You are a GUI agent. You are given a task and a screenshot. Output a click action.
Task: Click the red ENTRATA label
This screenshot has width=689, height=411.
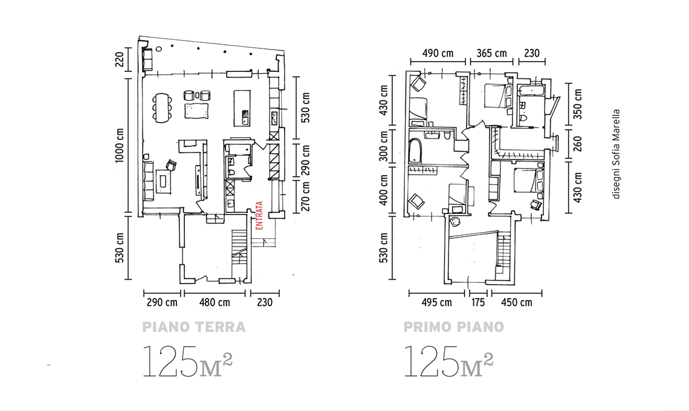[x=259, y=215]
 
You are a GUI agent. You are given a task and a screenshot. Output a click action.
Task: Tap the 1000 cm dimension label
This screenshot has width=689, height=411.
[x=120, y=146]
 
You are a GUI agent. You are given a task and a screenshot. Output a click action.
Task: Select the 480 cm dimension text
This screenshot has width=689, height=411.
[x=215, y=302]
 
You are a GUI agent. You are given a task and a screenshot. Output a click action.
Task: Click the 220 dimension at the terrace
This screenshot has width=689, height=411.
[x=120, y=59]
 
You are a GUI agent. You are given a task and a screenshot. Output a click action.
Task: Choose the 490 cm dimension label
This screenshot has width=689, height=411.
[x=438, y=53]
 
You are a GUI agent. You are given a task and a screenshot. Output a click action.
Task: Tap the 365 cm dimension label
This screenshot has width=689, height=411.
[x=492, y=53]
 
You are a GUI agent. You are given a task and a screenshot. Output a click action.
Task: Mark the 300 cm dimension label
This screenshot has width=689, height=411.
[x=384, y=146]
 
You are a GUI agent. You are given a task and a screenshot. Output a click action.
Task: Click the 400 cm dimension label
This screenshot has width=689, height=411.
[x=384, y=190]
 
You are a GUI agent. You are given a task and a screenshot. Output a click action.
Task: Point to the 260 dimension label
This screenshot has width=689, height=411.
[x=578, y=144]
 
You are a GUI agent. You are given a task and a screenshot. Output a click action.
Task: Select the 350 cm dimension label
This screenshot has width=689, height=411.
[x=578, y=104]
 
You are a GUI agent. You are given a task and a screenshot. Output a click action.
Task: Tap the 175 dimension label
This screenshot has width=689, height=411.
[x=477, y=302]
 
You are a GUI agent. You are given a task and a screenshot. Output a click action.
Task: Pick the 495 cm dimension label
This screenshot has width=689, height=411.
[x=436, y=302]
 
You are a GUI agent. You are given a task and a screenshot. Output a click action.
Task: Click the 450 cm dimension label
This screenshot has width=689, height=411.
[x=516, y=302]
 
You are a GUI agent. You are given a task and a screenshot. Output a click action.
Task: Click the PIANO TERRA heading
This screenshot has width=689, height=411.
[x=194, y=327]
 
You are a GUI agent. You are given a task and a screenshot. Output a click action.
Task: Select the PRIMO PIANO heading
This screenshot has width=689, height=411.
[x=453, y=327]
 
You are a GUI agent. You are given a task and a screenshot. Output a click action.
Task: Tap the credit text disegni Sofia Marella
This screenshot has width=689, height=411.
[x=616, y=154]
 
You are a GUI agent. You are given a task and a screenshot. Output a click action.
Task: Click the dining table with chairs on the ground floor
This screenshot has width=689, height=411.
[x=162, y=106]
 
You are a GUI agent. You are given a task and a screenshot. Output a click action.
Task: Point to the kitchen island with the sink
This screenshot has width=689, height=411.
[x=242, y=108]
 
